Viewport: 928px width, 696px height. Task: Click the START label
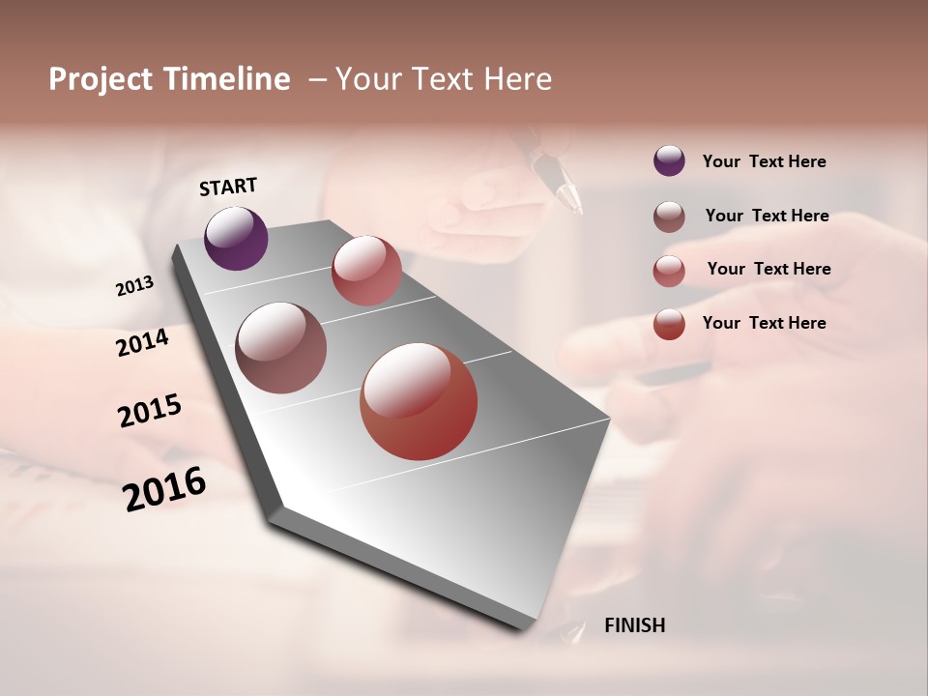tap(228, 187)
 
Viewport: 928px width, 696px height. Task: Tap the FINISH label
tap(634, 625)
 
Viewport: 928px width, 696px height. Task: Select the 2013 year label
tap(134, 286)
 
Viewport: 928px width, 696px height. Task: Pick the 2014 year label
tap(142, 342)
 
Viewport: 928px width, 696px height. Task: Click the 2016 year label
tap(164, 488)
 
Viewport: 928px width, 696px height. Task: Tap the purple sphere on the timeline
tap(236, 238)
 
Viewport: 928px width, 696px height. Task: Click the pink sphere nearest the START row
tap(366, 270)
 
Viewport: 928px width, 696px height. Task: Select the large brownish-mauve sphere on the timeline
tap(280, 348)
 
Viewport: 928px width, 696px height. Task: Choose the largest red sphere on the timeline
tap(419, 401)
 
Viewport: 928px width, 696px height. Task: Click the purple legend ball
tap(669, 160)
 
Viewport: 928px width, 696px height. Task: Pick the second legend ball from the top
tap(669, 217)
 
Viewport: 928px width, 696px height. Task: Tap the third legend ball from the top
tap(669, 271)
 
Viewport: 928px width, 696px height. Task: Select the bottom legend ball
tap(669, 324)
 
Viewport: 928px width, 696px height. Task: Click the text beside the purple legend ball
tap(764, 161)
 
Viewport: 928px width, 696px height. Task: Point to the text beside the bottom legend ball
tap(764, 323)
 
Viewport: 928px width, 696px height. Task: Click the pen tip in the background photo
tap(577, 206)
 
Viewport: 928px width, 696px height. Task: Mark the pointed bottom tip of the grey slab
tap(527, 628)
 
